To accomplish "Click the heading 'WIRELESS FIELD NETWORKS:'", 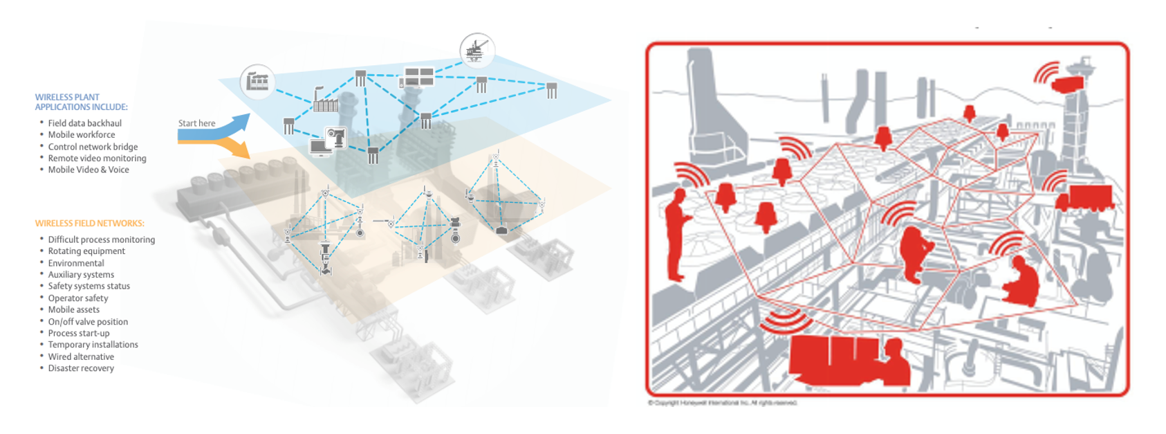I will pos(89,224).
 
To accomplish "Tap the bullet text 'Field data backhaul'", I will pos(84,123).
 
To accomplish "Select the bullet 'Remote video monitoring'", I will pos(97,159).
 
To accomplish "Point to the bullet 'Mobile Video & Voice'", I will pos(88,170).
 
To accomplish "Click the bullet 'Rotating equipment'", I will pos(86,251).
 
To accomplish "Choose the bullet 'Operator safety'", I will pos(78,298).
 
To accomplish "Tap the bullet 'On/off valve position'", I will pos(88,322).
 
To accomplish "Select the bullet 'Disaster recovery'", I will pos(81,368).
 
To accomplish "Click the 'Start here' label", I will pos(196,123).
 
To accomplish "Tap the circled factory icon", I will pos(257,81).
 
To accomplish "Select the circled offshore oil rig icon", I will pos(476,51).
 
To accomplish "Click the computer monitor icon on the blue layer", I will pos(320,147).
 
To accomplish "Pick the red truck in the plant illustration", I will pos(1084,198).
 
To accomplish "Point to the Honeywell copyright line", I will pos(722,403).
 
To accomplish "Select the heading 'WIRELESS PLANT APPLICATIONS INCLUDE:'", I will pos(81,102).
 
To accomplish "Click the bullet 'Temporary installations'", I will pos(93,345).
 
